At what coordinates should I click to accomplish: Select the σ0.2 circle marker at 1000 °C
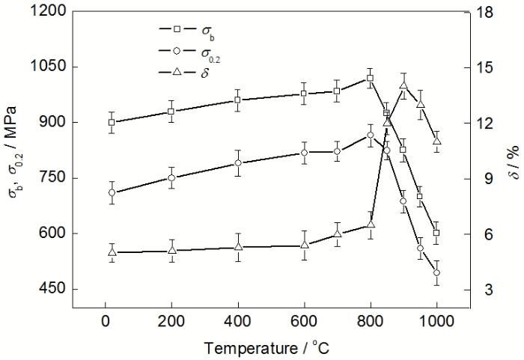point(436,272)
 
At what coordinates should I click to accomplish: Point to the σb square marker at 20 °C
point(112,122)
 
